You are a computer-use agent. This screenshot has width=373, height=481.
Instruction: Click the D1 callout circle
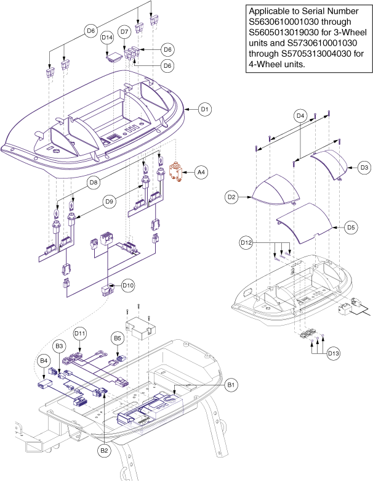(204, 109)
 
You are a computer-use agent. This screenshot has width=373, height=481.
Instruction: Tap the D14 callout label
(106, 38)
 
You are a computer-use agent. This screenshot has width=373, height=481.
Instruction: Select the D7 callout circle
(124, 31)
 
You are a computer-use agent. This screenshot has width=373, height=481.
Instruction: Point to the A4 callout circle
(201, 172)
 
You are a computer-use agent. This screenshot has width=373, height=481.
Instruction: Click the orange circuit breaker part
(177, 171)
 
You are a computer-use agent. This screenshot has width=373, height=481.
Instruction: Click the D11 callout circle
(80, 334)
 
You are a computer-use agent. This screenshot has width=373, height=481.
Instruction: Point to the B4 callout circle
(43, 360)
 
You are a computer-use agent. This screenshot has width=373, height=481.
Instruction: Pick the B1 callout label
(231, 385)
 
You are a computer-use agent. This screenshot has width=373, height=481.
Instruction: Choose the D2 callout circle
(232, 197)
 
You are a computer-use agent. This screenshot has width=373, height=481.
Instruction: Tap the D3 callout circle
(364, 167)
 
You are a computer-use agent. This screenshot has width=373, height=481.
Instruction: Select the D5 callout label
(350, 228)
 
